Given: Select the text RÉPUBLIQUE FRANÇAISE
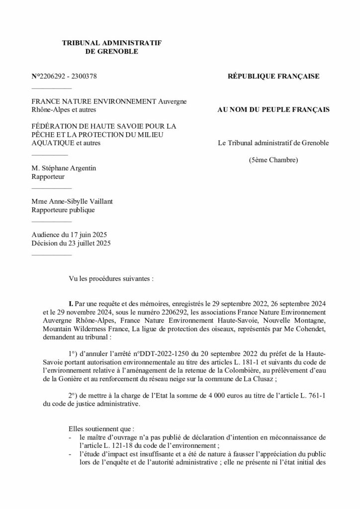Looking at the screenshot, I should (273, 77).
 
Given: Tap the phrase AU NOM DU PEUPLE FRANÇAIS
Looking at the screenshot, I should (273, 109).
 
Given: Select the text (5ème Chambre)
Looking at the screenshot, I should (273, 160).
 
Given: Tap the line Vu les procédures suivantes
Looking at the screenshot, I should (112, 279).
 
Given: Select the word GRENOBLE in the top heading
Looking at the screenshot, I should (112, 51).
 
